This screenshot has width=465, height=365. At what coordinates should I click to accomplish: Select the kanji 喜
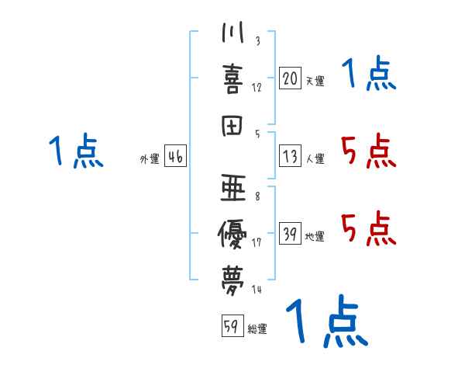coord(233,78)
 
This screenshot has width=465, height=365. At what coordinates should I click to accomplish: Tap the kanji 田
coord(233,126)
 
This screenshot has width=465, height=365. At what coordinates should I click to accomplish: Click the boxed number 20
coord(290,78)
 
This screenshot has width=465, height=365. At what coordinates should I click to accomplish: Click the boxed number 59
coord(230,327)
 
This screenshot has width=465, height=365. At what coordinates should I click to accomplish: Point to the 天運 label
coord(315,81)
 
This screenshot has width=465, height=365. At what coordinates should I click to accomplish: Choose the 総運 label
coord(257,329)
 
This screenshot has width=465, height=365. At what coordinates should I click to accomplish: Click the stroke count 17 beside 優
coord(256,242)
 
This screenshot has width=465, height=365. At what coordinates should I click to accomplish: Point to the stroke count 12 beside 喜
coord(257,87)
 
